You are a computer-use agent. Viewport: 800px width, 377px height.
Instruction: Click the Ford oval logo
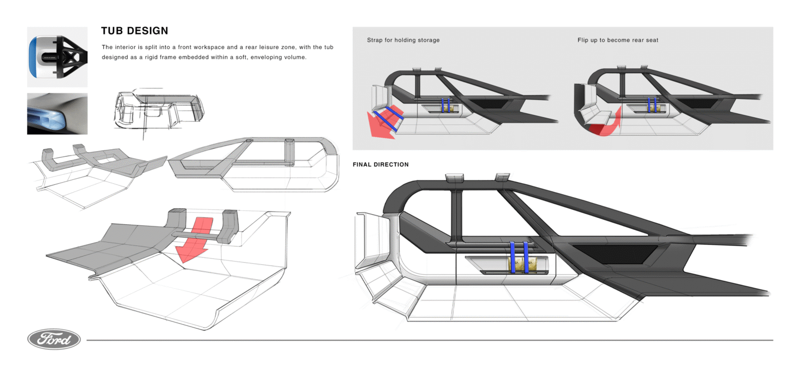tap(54, 339)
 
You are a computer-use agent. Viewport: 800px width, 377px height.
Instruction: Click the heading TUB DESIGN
tap(134, 31)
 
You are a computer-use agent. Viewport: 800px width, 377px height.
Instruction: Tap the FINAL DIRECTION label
tap(381, 164)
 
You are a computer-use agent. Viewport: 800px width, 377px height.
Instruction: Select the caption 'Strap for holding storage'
tap(403, 40)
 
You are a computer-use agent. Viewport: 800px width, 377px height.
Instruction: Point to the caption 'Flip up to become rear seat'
tap(618, 40)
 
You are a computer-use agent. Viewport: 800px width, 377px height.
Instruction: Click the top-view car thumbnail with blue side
tap(57, 57)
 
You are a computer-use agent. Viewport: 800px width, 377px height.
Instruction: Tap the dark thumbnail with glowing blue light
tap(57, 113)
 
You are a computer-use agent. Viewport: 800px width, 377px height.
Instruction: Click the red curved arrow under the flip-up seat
tap(603, 125)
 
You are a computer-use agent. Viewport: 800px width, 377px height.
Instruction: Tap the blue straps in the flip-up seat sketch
tap(652, 105)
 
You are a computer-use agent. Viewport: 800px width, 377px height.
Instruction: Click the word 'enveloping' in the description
tap(263, 57)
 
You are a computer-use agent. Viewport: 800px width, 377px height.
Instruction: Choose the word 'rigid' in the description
tap(150, 57)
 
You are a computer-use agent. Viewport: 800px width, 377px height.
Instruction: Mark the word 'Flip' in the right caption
tap(583, 40)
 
